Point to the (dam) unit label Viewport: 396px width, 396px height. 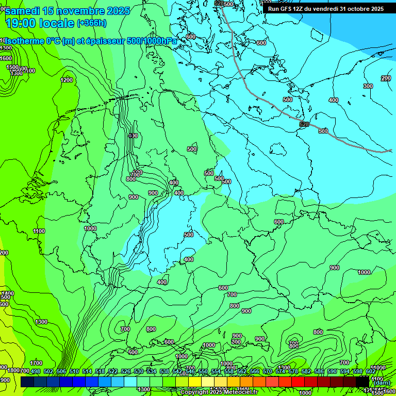[x=382, y=383]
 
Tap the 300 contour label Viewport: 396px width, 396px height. [x=368, y=86]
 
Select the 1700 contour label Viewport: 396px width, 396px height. [x=36, y=363]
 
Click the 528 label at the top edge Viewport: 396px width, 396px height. [x=219, y=4]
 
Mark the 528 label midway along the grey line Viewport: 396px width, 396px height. [x=304, y=125]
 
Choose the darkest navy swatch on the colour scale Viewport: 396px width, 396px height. [x=27, y=381]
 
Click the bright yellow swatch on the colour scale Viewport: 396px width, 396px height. [x=195, y=381]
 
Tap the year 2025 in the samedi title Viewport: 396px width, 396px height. [x=118, y=11]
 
